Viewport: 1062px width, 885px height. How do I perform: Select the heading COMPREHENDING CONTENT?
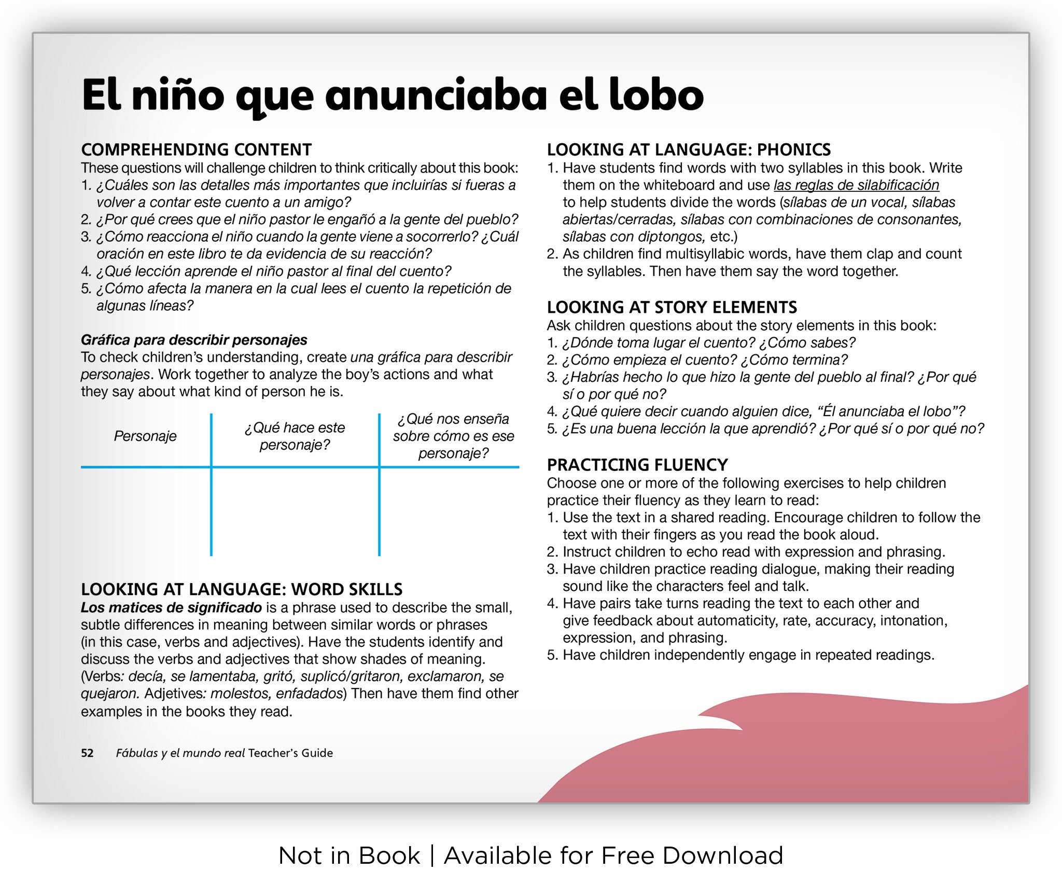coord(196,149)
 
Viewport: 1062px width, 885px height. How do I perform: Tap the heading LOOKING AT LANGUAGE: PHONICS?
coord(688,149)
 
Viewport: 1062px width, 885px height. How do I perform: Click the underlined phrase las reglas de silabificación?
coord(856,185)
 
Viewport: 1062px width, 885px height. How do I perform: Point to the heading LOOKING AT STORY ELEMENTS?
coord(672,307)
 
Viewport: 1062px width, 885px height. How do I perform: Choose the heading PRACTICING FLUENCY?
coord(637,464)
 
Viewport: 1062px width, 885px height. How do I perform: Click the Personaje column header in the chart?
coord(145,436)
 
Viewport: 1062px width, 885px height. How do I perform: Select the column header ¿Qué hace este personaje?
coord(295,436)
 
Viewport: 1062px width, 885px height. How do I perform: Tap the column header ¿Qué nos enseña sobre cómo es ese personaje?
coord(453,436)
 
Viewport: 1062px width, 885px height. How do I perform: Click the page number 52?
coord(87,753)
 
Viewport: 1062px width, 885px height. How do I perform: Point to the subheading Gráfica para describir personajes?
coord(194,340)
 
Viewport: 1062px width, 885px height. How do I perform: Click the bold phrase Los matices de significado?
coord(171,607)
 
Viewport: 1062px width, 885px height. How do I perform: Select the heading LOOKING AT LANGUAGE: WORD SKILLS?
coord(242,589)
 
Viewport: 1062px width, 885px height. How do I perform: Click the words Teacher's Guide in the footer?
coord(290,753)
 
